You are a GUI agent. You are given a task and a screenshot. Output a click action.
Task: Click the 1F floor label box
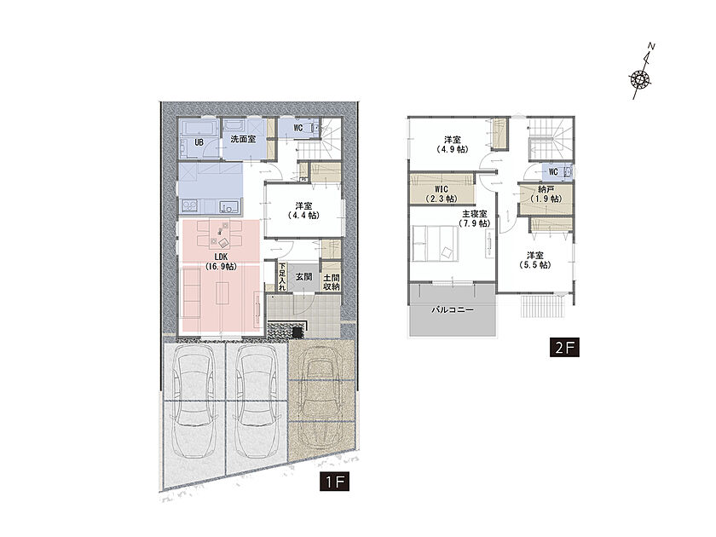pyautogui.click(x=335, y=482)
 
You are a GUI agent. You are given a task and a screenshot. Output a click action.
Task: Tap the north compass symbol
pyautogui.click(x=642, y=72)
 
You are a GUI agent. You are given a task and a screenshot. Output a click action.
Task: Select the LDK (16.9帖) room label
pyautogui.click(x=221, y=263)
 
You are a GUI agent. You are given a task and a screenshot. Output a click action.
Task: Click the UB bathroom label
pyautogui.click(x=199, y=142)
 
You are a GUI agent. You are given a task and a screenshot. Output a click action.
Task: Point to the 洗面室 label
pyautogui.click(x=243, y=139)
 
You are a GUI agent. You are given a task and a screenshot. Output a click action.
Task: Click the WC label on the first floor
pyautogui.click(x=297, y=129)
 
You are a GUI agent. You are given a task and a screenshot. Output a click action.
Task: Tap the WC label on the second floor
pyautogui.click(x=553, y=172)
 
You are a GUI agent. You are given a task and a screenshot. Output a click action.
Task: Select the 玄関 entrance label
pyautogui.click(x=303, y=277)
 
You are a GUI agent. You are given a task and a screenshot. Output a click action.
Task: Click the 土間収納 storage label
pyautogui.click(x=331, y=282)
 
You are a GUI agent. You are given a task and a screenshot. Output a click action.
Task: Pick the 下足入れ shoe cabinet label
pyautogui.click(x=282, y=277)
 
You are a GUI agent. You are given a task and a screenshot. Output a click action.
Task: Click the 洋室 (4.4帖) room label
pyautogui.click(x=303, y=211)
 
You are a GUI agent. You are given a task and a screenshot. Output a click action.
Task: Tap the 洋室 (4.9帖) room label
pyautogui.click(x=452, y=144)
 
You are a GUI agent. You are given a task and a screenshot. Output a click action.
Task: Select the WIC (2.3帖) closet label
pyautogui.click(x=442, y=194)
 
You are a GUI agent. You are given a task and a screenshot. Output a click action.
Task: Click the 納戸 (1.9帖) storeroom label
pyautogui.click(x=546, y=194)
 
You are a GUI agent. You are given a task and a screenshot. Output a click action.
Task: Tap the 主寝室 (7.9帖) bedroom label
pyautogui.click(x=475, y=219)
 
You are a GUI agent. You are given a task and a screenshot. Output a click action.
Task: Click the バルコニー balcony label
pyautogui.click(x=453, y=309)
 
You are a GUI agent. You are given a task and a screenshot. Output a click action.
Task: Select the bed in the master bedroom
pyautogui.click(x=436, y=244)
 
